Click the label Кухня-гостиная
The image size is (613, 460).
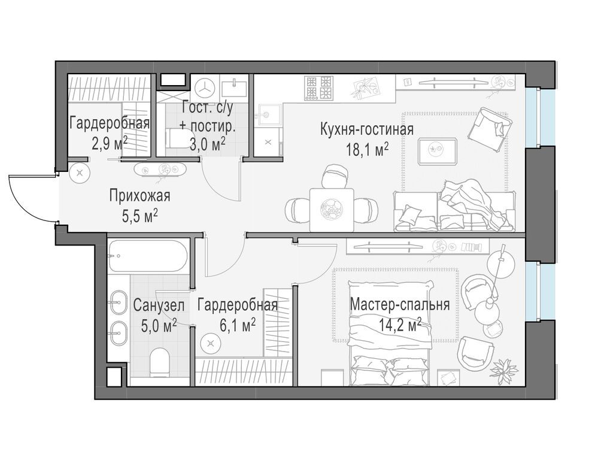click(x=367, y=129)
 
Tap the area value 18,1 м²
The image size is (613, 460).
click(x=367, y=149)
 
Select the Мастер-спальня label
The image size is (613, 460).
click(x=400, y=304)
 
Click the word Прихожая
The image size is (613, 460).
click(x=139, y=195)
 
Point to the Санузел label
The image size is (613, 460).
click(x=159, y=305)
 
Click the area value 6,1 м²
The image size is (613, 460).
click(x=238, y=325)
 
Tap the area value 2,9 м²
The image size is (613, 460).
click(x=110, y=144)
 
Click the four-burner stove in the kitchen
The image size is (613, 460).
click(x=320, y=87)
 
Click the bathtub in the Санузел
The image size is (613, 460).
click(x=148, y=256)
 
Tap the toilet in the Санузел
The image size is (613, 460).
click(x=159, y=361)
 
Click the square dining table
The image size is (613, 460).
click(x=332, y=210)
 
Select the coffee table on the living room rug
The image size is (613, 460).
click(x=437, y=151)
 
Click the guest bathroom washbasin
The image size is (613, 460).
click(x=234, y=87)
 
